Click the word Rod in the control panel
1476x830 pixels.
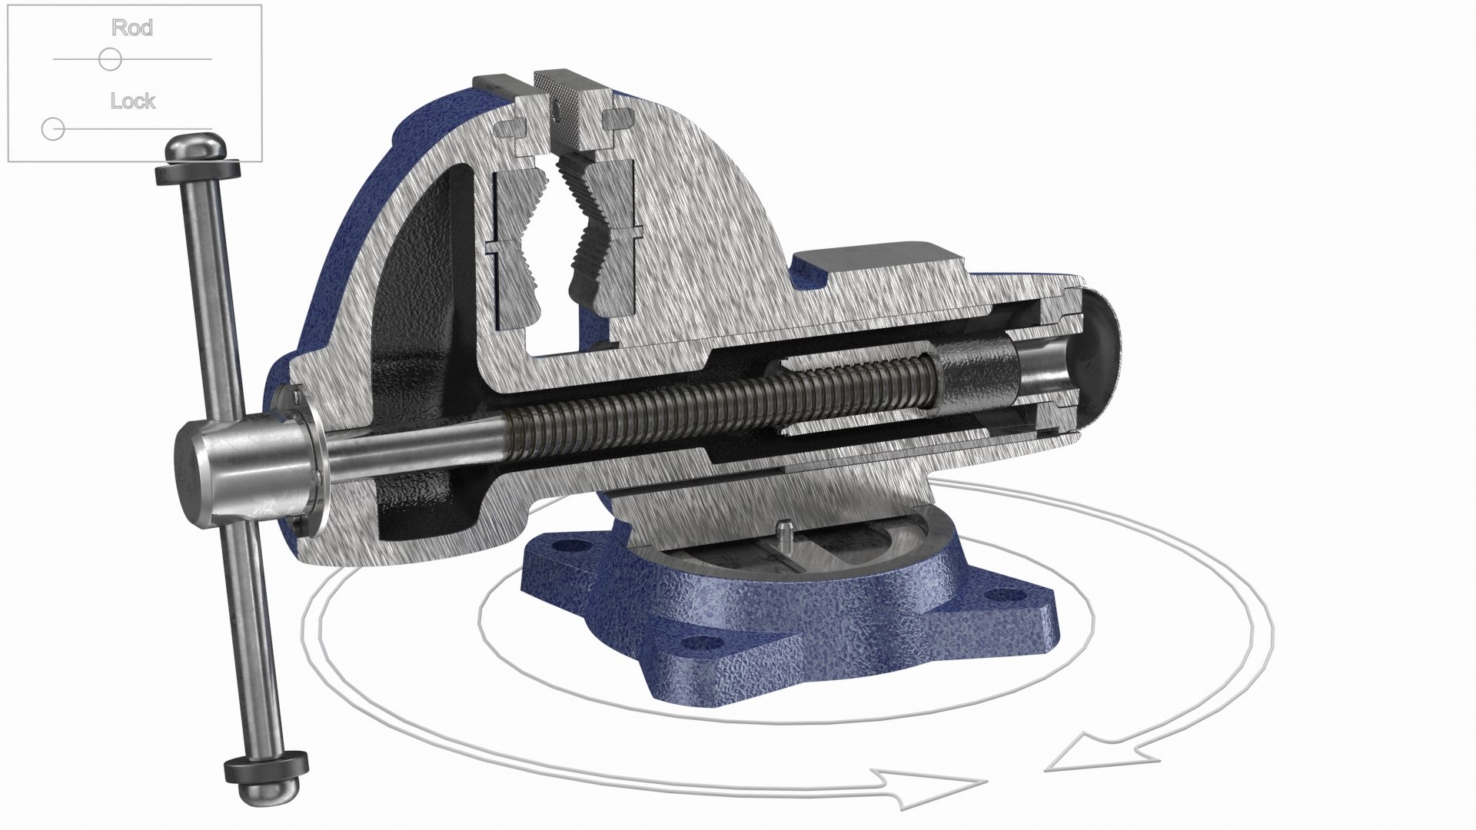pyautogui.click(x=132, y=28)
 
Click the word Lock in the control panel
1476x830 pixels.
pyautogui.click(x=132, y=101)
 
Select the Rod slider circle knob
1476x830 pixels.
pyautogui.click(x=110, y=59)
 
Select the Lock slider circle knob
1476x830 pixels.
pyautogui.click(x=53, y=129)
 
